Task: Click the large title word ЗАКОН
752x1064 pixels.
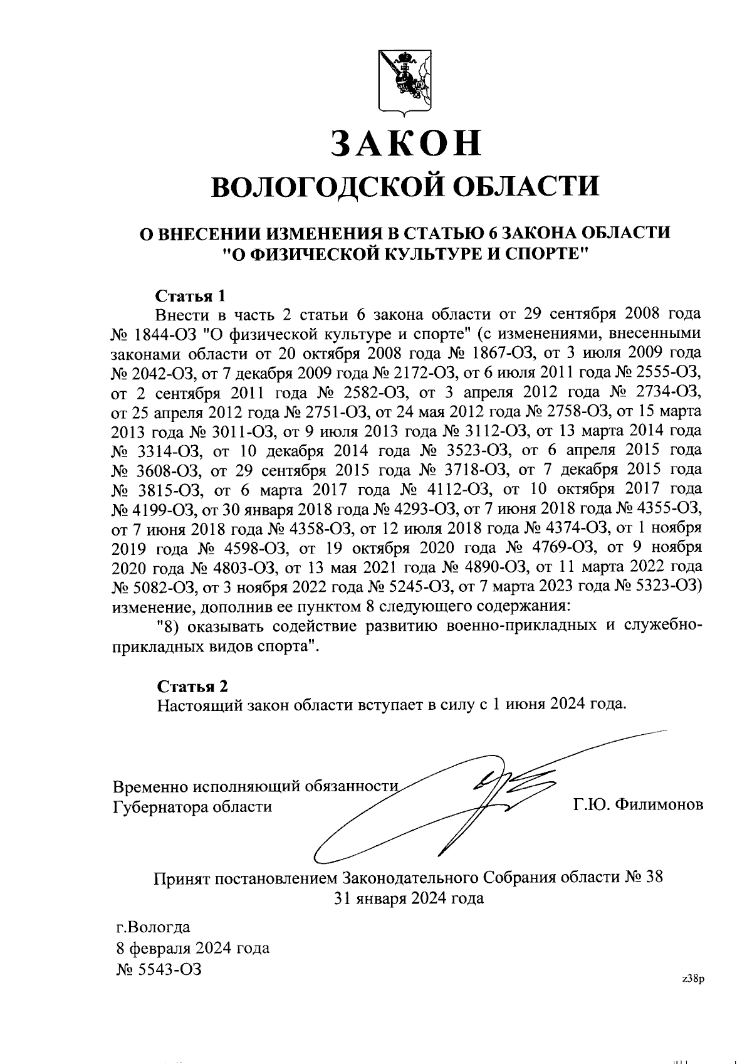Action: tap(407, 144)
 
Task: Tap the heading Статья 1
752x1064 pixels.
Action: tap(189, 295)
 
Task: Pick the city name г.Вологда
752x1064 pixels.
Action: tap(154, 927)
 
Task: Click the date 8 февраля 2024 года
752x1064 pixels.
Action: tap(193, 947)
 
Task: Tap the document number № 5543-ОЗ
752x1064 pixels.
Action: tap(159, 969)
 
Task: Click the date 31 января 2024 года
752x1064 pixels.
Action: tap(408, 898)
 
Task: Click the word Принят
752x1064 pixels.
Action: tap(182, 877)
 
